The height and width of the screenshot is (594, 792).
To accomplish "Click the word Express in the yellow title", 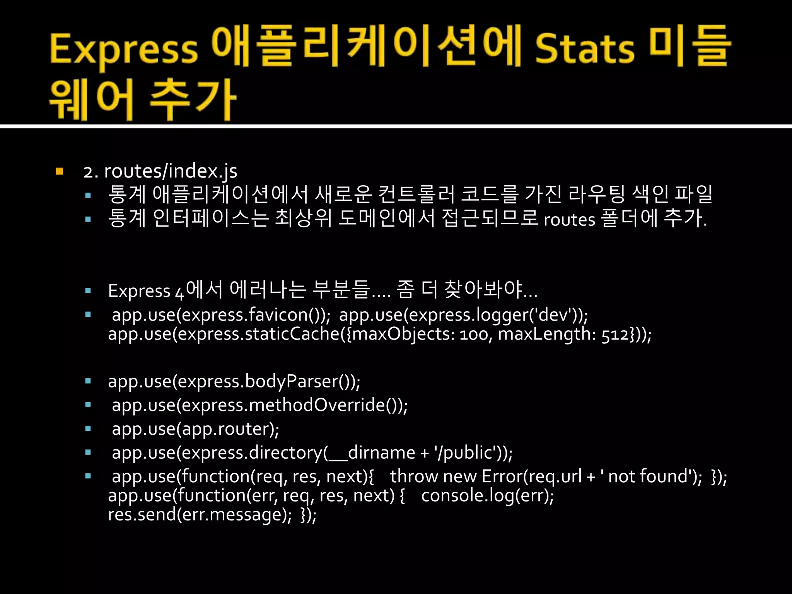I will pos(124,49).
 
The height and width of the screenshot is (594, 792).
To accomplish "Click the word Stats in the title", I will pos(585,49).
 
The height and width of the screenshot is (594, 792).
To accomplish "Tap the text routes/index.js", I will pos(171,171).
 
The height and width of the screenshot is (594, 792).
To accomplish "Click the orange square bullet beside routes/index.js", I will pos(59,171).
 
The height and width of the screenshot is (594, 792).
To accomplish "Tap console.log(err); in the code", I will pos(487,496).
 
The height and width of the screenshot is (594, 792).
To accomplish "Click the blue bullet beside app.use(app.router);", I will pos(88,429).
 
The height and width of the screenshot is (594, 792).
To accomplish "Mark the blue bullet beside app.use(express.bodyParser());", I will pos(88,381).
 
